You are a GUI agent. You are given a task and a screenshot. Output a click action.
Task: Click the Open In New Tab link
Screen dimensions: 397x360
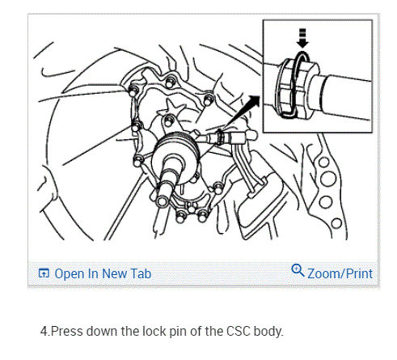click(x=103, y=273)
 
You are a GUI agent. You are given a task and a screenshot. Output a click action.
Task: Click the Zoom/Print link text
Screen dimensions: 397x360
click(x=340, y=273)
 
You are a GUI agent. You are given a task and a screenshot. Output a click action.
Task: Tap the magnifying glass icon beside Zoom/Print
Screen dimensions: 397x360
click(x=298, y=270)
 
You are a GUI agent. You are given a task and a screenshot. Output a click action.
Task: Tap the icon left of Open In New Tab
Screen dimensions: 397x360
click(x=44, y=273)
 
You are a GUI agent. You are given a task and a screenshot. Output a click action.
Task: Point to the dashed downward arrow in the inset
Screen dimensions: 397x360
click(x=302, y=38)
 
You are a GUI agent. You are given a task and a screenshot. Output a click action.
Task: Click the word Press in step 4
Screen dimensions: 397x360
click(x=66, y=331)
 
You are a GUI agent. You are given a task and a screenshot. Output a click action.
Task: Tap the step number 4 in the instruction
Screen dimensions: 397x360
click(x=44, y=331)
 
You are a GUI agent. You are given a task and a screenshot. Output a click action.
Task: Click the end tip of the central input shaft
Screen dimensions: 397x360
click(x=163, y=201)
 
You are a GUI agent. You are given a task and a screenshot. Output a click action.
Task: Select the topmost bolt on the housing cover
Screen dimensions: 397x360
click(x=170, y=82)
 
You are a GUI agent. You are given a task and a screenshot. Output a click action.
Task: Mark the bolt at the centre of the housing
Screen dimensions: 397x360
click(x=169, y=120)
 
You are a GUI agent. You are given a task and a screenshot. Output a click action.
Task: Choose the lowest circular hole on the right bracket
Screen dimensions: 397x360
click(x=336, y=223)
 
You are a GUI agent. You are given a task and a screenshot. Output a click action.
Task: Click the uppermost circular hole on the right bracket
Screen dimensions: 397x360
click(x=323, y=163)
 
